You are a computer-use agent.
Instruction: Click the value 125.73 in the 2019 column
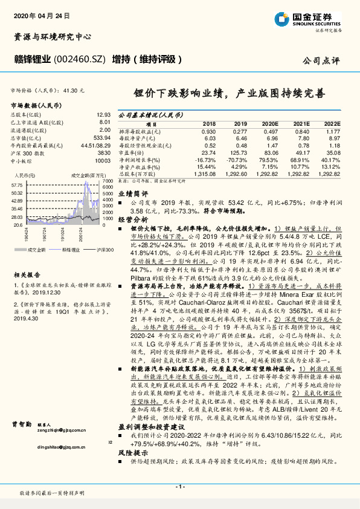tap(239, 154)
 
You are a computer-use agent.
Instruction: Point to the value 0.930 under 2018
tap(208, 131)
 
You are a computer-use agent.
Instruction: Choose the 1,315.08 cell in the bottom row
tap(205, 173)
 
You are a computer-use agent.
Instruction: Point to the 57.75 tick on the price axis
tap(17, 186)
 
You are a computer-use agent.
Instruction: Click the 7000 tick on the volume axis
tap(108, 181)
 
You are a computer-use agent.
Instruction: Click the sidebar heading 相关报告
tap(26, 274)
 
